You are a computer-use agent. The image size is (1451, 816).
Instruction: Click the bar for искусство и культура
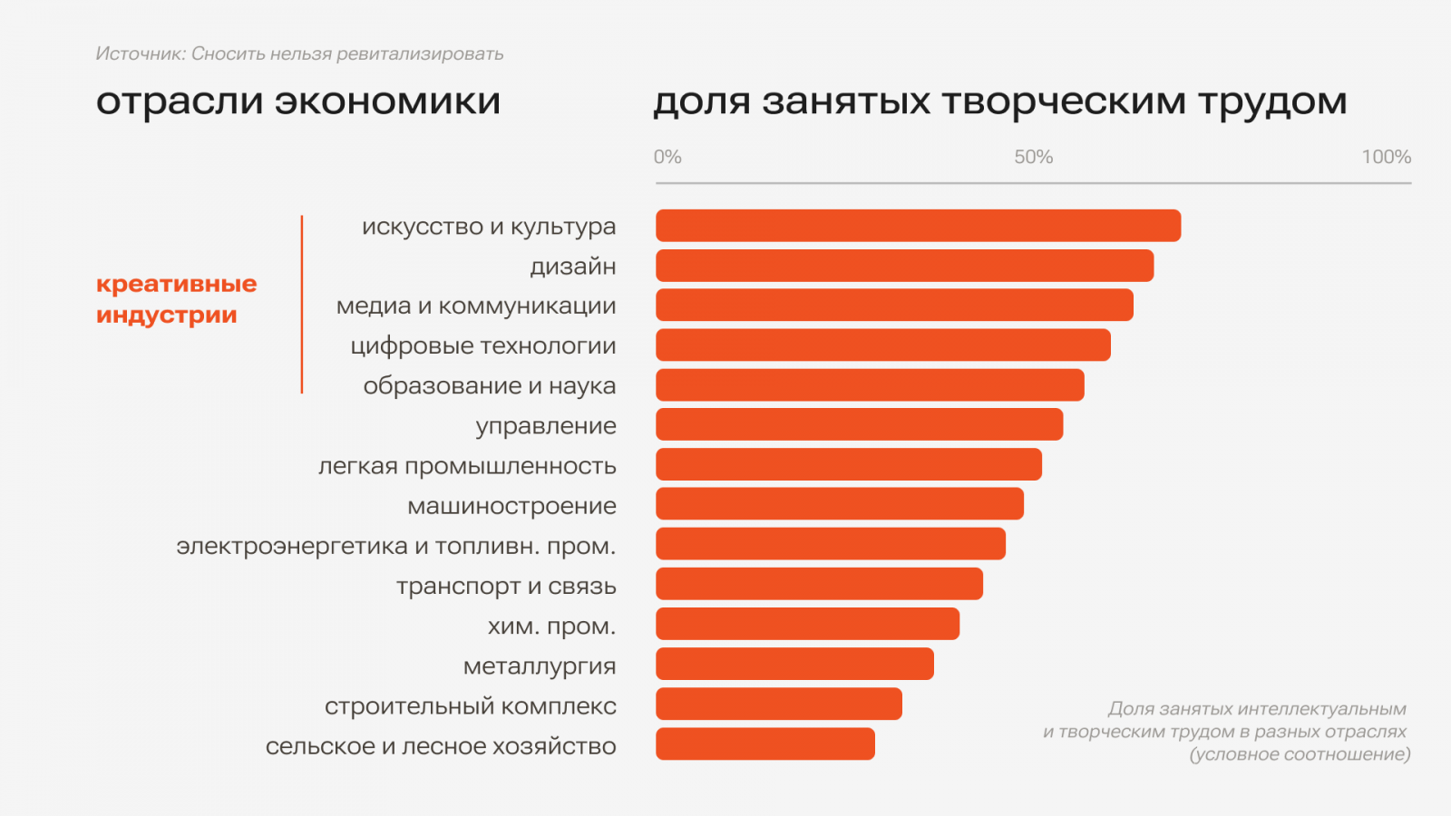pos(918,226)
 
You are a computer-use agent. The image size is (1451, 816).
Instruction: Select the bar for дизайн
pos(904,266)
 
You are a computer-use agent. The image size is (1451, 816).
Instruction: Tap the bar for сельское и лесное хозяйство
pos(765,744)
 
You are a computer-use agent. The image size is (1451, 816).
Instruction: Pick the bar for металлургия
pos(794,665)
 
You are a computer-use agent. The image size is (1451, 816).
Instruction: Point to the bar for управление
pos(859,424)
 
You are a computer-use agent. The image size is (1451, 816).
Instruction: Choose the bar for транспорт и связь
pos(819,584)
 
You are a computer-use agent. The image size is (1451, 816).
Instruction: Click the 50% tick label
pos(1033,157)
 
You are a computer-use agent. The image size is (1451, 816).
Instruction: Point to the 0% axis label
pos(667,157)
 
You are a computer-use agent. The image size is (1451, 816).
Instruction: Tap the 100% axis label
pos(1386,157)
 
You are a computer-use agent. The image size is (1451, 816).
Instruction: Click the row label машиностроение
pos(511,506)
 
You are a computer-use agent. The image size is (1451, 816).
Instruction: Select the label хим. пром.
pos(551,626)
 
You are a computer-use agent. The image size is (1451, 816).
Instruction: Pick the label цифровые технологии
pos(483,346)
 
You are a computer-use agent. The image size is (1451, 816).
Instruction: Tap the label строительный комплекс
pos(470,705)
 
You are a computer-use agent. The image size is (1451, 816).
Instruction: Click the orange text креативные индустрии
pos(176,299)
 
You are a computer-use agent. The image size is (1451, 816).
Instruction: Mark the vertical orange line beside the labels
pos(302,305)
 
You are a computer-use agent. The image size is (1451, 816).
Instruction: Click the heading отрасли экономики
pos(297,102)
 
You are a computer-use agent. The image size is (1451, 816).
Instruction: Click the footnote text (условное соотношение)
pos(1300,754)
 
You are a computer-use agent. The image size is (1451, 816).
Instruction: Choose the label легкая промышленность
pos(467,466)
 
